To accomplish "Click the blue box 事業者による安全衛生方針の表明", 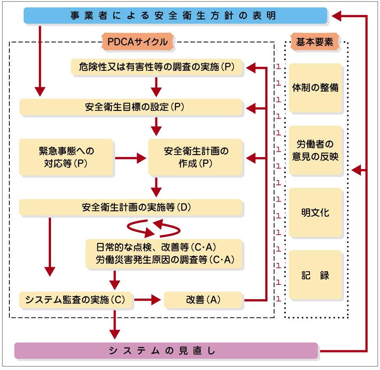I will coord(175,16).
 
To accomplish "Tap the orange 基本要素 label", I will coord(315,42).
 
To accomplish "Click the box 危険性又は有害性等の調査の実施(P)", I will coord(158,67).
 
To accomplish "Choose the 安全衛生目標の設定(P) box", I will coord(131,107).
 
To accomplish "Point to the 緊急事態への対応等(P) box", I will coord(66,157).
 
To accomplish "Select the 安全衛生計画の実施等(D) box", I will coord(131,207).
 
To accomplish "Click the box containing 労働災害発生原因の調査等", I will coord(165,254).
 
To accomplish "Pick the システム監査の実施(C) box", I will coord(76,300).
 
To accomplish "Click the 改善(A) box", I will coord(204,300).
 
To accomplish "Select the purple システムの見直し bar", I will coord(166,350).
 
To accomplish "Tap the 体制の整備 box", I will coord(315,88).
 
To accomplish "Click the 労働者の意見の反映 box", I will coord(315,151).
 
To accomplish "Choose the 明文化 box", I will coord(315,212).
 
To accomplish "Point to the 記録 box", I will coord(315,275).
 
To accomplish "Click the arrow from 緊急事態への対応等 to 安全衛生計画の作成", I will coord(130,158).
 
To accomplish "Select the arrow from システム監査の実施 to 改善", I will coord(148,300).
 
